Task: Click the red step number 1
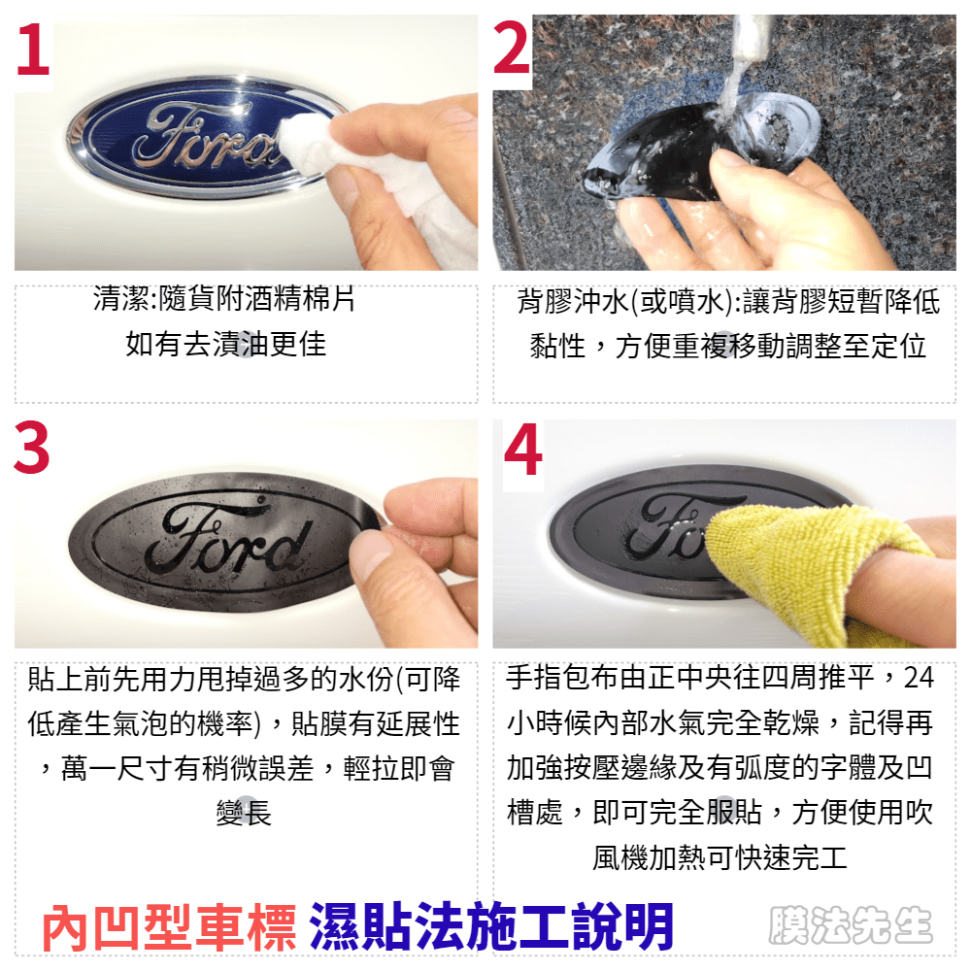point(33,50)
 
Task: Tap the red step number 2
point(512,49)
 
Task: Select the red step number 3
point(32,448)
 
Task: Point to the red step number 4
point(523,450)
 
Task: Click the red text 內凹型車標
point(168,927)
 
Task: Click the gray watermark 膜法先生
point(851,925)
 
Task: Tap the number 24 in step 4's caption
point(919,678)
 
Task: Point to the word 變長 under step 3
point(244,813)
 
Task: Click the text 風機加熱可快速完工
point(720,858)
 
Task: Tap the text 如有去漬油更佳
point(226,345)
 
